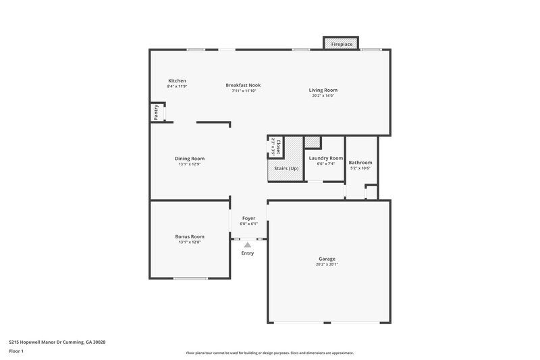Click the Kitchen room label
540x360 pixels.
tap(177, 81)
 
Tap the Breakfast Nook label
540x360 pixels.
tap(243, 85)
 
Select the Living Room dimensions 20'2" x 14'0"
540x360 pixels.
tap(323, 96)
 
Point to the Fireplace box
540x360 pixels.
tap(342, 44)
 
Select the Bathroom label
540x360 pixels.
tap(360, 163)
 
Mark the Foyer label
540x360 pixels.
tap(249, 218)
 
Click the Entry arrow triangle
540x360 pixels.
tap(248, 245)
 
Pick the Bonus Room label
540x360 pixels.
tap(190, 236)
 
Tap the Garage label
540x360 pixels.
tap(327, 259)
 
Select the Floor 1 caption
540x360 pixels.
tap(17, 351)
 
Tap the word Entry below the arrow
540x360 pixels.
tap(248, 253)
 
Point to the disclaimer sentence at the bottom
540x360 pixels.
tap(269, 353)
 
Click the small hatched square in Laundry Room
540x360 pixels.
tap(312, 142)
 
